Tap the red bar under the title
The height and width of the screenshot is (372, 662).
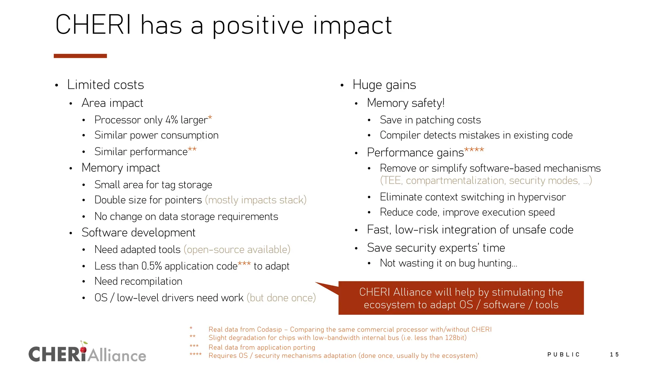(x=80, y=56)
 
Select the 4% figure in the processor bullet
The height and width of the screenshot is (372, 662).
(x=172, y=120)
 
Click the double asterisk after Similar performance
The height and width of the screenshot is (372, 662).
(x=192, y=150)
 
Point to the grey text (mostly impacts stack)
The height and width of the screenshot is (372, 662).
(x=256, y=200)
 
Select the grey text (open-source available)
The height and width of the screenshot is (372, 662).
(x=237, y=250)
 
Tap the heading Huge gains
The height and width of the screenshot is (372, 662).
(x=384, y=85)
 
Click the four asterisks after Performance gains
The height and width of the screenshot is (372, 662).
(x=474, y=150)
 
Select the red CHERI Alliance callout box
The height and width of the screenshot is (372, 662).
(x=461, y=298)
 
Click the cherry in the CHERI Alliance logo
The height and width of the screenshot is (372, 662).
(x=83, y=348)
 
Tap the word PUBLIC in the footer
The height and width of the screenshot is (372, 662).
(x=563, y=355)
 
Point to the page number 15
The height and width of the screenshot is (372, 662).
(x=614, y=355)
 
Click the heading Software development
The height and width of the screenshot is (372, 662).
(x=138, y=233)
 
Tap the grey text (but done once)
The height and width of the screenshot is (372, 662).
(x=281, y=298)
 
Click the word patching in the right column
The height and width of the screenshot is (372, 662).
(x=435, y=120)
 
